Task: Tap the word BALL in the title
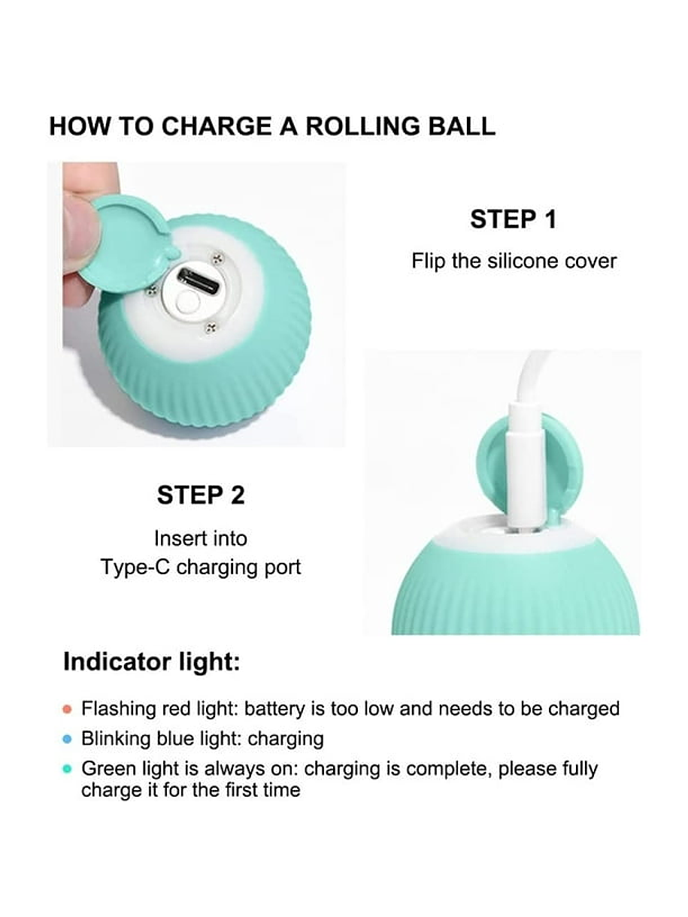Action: pyautogui.click(x=462, y=126)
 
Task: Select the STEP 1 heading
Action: pyautogui.click(x=514, y=219)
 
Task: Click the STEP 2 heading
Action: pyautogui.click(x=201, y=495)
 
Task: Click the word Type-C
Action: pyautogui.click(x=135, y=567)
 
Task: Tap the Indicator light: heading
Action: pyautogui.click(x=152, y=662)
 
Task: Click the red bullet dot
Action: pyautogui.click(x=67, y=710)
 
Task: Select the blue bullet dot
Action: pyautogui.click(x=67, y=740)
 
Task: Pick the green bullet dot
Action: pyautogui.click(x=67, y=769)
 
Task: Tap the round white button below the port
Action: pyautogui.click(x=186, y=301)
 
